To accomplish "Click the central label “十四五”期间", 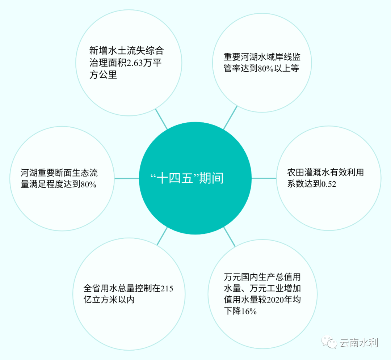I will [x=187, y=178].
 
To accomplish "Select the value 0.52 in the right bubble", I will [x=329, y=184].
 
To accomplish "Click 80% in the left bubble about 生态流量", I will [x=88, y=184].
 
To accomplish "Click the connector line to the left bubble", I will [x=127, y=178].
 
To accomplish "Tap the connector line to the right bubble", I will [x=263, y=178].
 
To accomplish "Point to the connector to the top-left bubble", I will [x=161, y=119].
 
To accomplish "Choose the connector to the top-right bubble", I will [x=230, y=118].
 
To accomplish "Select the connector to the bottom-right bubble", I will [x=230, y=237].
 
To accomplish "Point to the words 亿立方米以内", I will [x=109, y=300].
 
